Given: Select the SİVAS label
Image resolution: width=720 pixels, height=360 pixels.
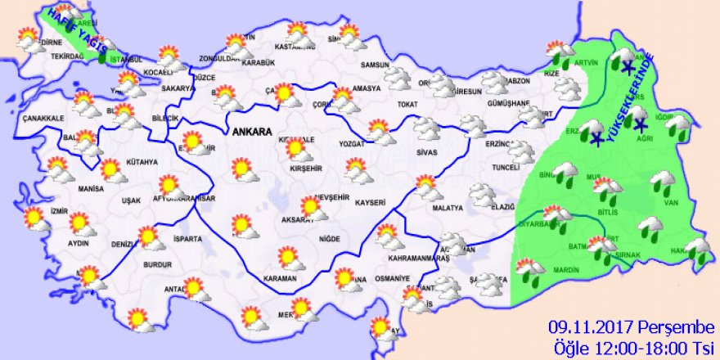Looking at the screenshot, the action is pos(426,152).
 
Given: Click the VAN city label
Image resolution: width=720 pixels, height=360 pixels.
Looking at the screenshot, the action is pos(673,203).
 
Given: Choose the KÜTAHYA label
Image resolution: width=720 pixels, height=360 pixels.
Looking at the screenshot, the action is pos(141,162).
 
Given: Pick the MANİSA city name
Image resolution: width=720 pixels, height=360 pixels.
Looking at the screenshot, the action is pos(74,188).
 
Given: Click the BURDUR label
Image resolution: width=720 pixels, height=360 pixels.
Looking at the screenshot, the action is pos(156,265).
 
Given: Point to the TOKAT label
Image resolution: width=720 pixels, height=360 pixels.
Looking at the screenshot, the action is pos(407,104).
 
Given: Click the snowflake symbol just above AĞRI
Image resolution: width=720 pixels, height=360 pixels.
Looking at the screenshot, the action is pos(640,124).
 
